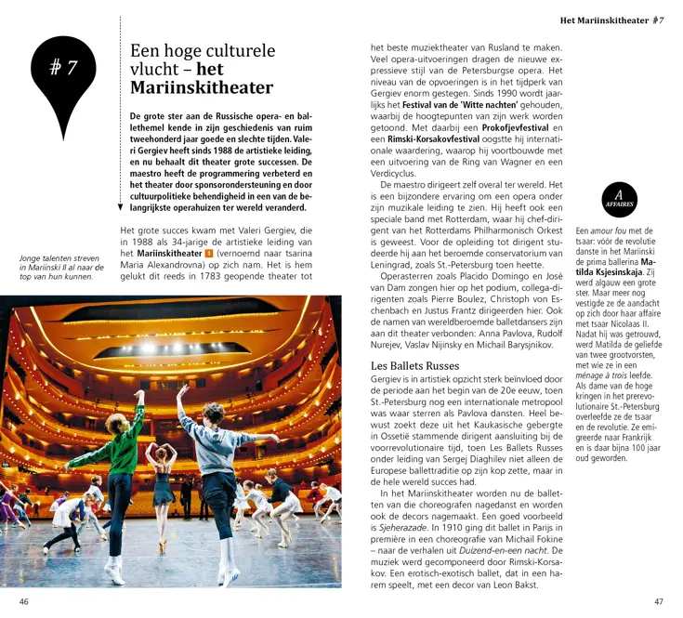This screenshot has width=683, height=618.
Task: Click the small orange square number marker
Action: pyautogui.click(x=209, y=252)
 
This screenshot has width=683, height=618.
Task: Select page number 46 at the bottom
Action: pyautogui.click(x=24, y=601)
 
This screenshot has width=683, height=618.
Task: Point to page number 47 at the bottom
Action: pyautogui.click(x=659, y=601)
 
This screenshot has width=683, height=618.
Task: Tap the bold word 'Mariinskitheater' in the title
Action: pyautogui.click(x=202, y=88)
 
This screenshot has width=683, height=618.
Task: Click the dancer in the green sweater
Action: pyautogui.click(x=125, y=455)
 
